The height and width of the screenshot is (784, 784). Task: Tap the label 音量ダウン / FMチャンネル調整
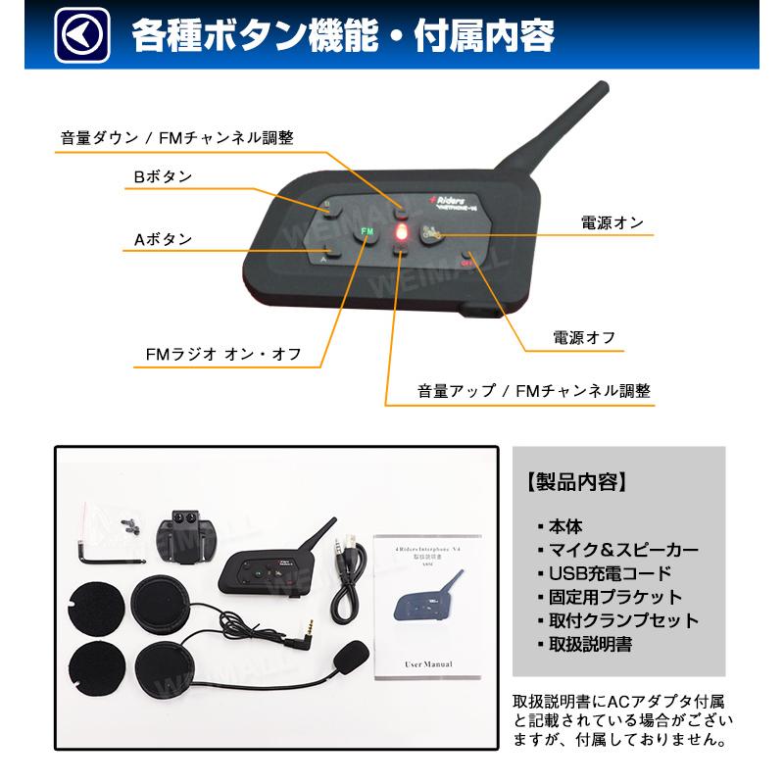point(176,137)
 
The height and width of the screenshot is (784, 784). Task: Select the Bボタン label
point(163,176)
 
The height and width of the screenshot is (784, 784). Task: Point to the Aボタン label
point(163,238)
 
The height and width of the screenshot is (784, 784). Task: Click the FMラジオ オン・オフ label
point(217,353)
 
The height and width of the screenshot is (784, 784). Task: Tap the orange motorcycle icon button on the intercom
point(430,233)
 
